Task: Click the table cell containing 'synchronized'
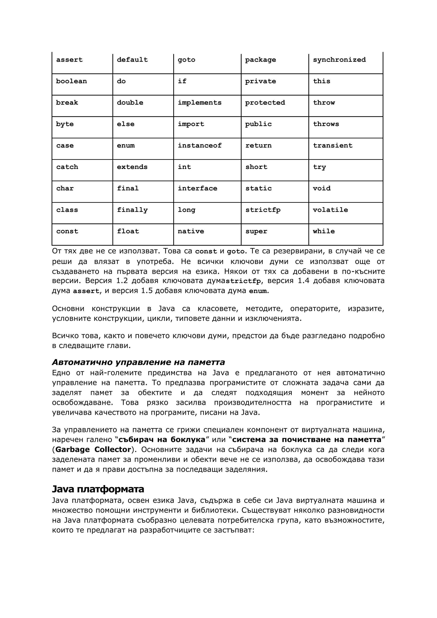345,63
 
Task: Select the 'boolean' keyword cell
82,84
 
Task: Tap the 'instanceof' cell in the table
207,148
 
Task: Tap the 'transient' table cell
345,148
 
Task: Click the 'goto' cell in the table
207,63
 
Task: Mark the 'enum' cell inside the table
143,148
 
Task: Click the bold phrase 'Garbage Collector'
93,449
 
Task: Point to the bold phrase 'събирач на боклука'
162,440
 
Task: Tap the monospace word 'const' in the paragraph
206,251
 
